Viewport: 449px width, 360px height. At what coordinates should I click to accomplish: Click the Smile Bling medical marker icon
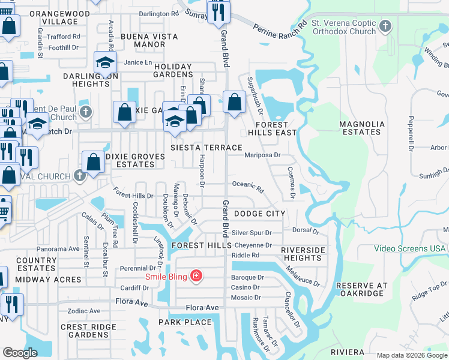tap(196, 277)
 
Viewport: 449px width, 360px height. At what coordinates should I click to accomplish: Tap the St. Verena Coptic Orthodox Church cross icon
tap(385, 26)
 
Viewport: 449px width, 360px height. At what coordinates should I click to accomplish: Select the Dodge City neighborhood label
tap(259, 214)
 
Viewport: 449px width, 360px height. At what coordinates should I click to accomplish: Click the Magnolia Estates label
tap(361, 128)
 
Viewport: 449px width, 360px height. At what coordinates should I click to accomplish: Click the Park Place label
tap(185, 322)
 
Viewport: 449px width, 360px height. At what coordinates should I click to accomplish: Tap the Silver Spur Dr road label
tap(252, 233)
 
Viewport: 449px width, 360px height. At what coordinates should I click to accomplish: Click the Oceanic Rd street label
tap(248, 187)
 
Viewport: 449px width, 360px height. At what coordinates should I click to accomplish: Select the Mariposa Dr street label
tap(262, 155)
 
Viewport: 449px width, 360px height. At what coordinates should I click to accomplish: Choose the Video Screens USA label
tap(410, 248)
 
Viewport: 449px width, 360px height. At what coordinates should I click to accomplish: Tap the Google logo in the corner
tap(20, 353)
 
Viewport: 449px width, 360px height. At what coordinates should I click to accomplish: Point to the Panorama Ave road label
tap(58, 248)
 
